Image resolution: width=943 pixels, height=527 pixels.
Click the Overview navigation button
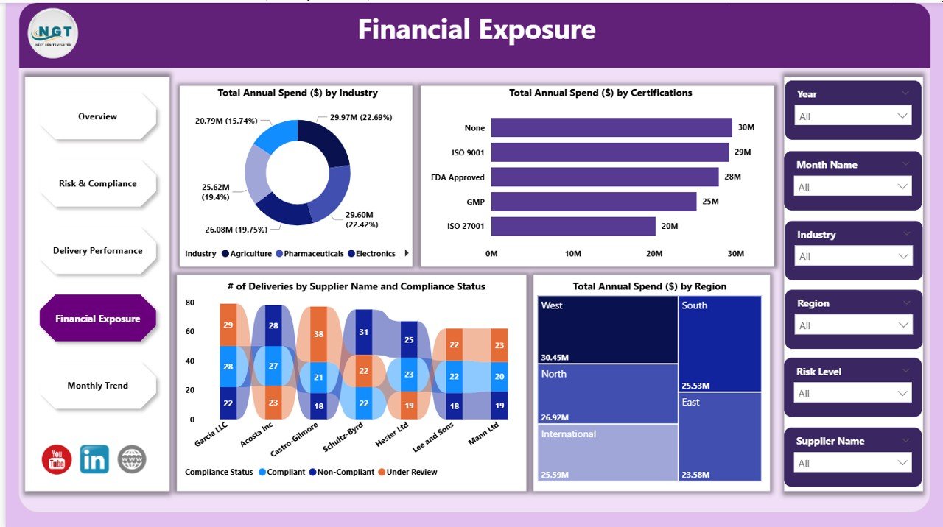coord(98,116)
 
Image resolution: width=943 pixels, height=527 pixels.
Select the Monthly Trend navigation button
coord(98,386)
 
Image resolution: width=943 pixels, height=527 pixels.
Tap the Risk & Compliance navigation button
coord(98,183)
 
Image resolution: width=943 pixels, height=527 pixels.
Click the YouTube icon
coord(57,459)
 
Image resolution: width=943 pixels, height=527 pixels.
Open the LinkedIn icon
coord(94,459)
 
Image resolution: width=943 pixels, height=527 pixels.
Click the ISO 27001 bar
coord(573,226)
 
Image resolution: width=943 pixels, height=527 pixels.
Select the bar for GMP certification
coord(594,202)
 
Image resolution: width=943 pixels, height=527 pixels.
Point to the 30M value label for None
coord(746,127)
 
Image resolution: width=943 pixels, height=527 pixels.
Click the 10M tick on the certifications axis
coord(572,254)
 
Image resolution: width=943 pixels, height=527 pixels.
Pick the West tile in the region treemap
coord(608,329)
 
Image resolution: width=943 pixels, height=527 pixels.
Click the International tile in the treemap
coord(608,452)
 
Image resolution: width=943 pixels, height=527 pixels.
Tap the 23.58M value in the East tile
coord(696,473)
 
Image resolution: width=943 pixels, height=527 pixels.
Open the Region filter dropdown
coord(853,325)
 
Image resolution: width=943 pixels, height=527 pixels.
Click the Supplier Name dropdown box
coord(853,463)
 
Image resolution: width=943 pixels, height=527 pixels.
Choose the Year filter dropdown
coord(853,116)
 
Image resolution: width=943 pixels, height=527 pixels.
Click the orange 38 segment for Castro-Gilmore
coord(318,334)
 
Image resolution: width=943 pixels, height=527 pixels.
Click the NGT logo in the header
coord(53,33)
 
